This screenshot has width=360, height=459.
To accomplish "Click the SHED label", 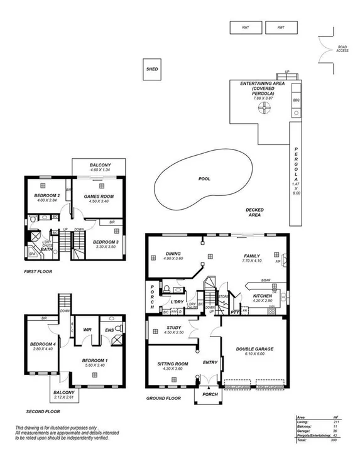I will (x=152, y=69).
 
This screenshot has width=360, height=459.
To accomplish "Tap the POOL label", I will (x=204, y=179).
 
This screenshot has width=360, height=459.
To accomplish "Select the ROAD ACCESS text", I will (x=343, y=48).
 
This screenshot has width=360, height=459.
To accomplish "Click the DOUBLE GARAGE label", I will (x=253, y=349).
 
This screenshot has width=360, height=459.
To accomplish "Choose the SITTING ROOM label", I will (x=173, y=364).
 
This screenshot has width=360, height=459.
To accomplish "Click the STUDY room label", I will (x=174, y=328).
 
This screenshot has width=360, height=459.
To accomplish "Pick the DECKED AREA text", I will (x=254, y=212).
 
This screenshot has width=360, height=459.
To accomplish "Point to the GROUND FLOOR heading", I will (x=163, y=398).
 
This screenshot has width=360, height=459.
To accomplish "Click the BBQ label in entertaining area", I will (x=296, y=100).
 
